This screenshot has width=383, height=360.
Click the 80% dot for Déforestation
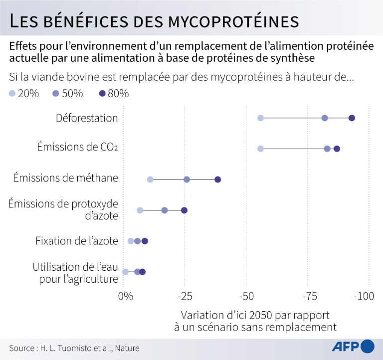(x=352, y=118)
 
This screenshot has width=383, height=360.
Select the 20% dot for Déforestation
(x=260, y=118)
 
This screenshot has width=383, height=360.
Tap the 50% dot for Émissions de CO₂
(x=327, y=149)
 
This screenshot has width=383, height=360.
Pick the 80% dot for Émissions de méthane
(x=217, y=180)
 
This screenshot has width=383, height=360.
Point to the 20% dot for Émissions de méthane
(x=150, y=180)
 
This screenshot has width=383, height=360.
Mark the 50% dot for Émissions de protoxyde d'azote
(x=165, y=210)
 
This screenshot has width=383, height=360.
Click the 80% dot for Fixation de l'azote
(x=145, y=241)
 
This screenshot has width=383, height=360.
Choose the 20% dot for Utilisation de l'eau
(x=125, y=272)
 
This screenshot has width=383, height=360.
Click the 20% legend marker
(x=12, y=93)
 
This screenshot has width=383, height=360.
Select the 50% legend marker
(x=57, y=93)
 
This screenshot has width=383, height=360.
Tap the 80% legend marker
(x=102, y=93)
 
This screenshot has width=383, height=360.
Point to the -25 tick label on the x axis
(x=185, y=297)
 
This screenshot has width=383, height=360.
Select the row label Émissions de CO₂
(x=78, y=148)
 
